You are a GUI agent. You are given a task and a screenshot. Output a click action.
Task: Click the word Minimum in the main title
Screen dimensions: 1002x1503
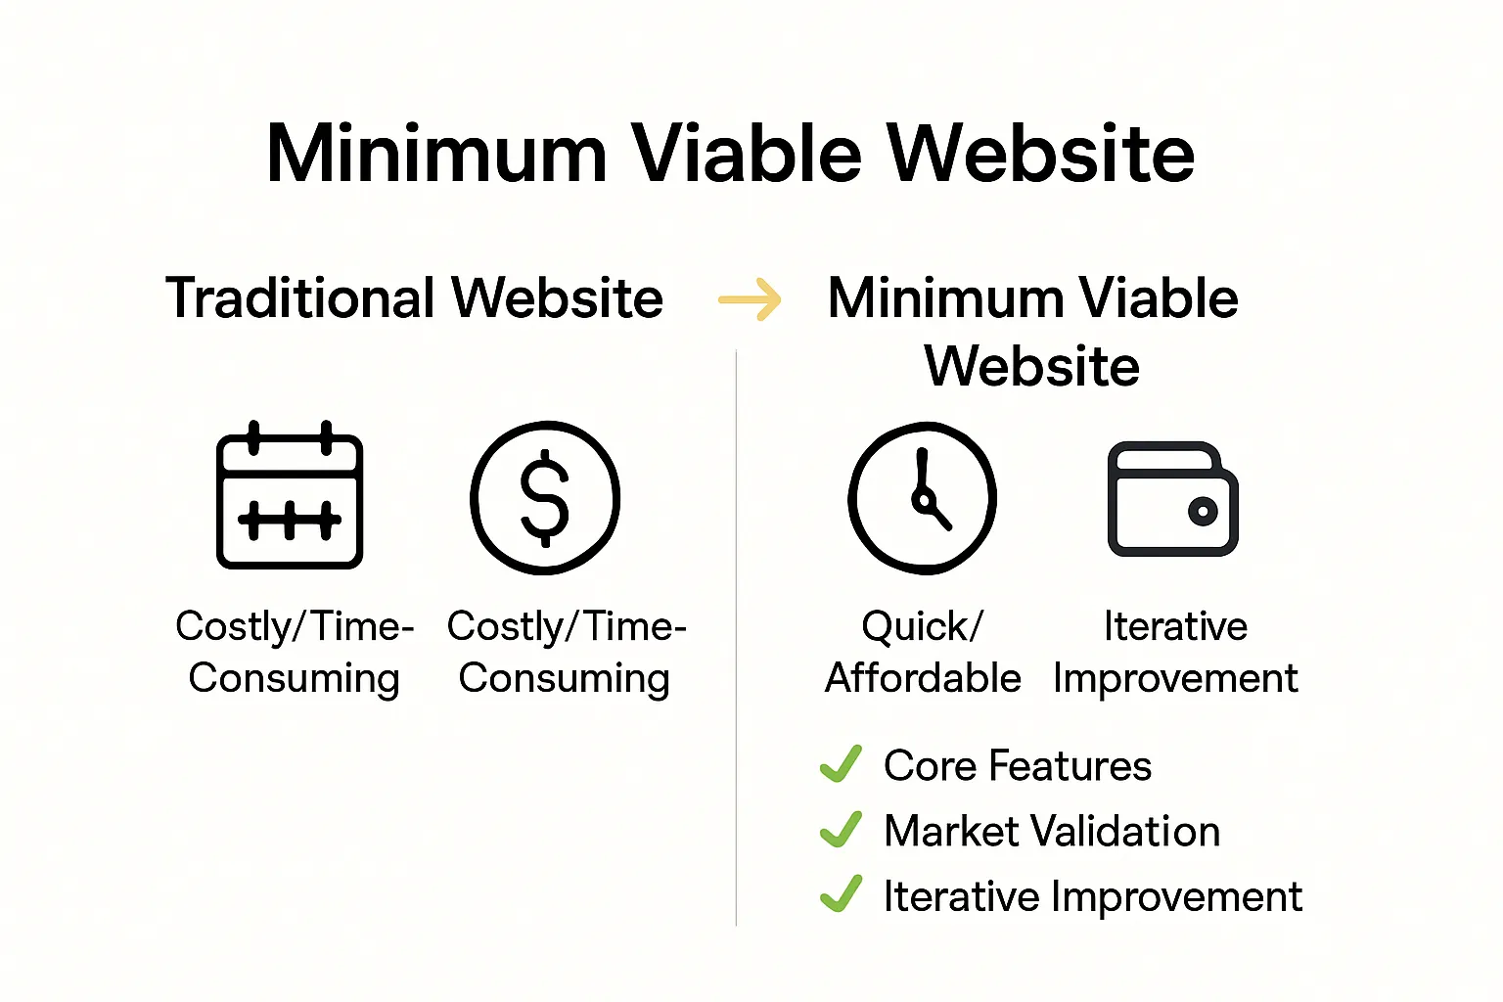point(436,154)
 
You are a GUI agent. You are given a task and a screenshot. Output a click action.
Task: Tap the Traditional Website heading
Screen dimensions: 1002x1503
point(414,298)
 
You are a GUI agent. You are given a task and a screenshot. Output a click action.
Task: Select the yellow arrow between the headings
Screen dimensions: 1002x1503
point(750,299)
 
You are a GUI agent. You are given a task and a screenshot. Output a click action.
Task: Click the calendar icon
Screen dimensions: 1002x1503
point(290,496)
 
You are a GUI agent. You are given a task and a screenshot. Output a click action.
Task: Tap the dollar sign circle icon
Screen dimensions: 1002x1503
point(545,497)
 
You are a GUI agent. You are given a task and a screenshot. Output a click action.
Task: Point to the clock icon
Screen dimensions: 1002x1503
point(922,497)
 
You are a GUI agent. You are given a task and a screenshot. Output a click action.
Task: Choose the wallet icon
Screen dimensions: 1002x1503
point(1172,499)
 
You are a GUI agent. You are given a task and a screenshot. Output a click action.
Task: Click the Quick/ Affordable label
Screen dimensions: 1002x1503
point(922,652)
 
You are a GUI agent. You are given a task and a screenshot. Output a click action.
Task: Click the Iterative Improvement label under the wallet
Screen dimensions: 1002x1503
point(1175,652)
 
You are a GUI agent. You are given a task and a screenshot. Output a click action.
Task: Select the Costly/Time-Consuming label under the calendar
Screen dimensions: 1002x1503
point(294,652)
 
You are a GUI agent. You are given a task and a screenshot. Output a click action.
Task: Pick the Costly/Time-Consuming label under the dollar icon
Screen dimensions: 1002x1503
point(566,652)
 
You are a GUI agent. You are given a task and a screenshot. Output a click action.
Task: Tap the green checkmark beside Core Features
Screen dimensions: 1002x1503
point(841,764)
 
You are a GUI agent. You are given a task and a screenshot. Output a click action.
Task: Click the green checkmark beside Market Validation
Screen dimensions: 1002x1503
point(841,830)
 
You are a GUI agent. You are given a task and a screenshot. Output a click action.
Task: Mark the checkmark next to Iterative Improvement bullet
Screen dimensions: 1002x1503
point(841,893)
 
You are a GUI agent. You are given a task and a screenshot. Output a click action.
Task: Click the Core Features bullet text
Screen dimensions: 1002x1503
point(1017,766)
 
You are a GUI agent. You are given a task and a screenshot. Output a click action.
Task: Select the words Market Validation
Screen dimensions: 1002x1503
point(1051,832)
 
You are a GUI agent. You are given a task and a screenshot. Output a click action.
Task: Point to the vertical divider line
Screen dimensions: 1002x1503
point(736,636)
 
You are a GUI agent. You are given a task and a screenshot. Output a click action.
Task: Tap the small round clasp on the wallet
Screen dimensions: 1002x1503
point(1202,511)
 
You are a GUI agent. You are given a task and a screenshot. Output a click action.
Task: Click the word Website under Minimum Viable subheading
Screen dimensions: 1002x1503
point(1032,367)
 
